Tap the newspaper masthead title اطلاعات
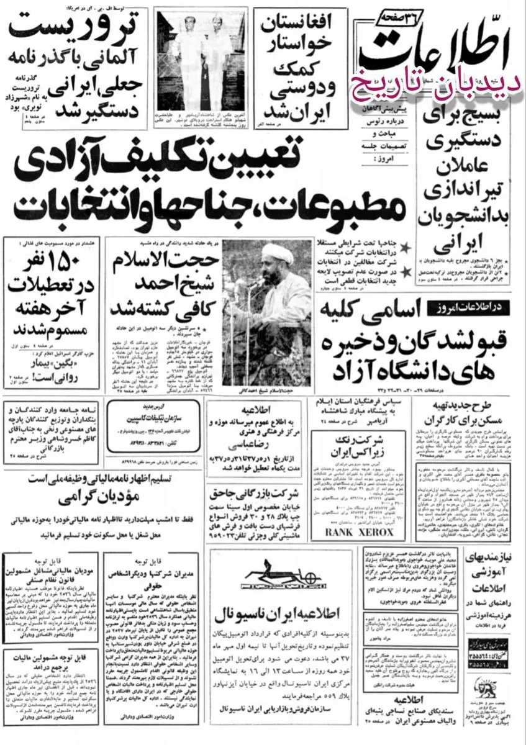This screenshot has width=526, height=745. tap(432, 53)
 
